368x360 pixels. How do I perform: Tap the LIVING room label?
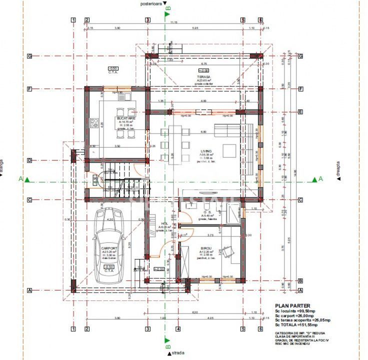(206, 151)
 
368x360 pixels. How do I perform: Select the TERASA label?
(203, 76)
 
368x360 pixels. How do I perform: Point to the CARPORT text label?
(109, 248)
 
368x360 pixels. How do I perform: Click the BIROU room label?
(206, 248)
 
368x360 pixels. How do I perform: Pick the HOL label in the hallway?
(164, 223)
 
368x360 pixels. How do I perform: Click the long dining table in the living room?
(175, 145)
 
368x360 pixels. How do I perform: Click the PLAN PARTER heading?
(292, 305)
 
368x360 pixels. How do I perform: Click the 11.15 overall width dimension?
(173, 22)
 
